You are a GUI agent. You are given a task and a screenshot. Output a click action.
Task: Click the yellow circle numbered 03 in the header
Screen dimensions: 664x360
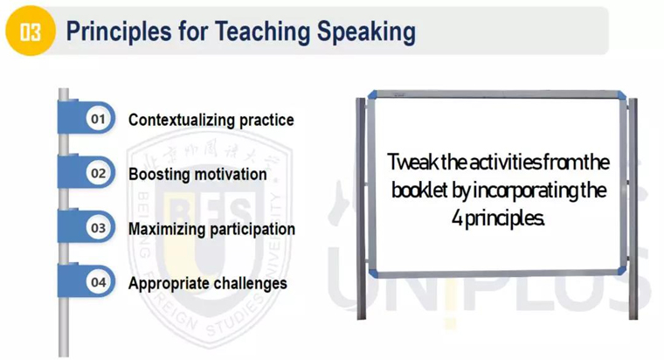point(31,31)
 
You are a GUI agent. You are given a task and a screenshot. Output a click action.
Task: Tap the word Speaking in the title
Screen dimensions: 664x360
point(366,32)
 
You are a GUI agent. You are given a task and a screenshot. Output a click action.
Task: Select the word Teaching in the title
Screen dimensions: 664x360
point(262,32)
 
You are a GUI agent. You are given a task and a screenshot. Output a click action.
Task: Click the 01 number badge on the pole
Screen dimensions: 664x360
point(98,119)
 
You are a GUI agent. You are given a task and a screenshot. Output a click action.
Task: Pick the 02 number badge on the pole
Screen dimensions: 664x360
point(98,173)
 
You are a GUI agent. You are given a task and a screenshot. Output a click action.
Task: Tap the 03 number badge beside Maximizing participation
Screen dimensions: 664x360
point(98,228)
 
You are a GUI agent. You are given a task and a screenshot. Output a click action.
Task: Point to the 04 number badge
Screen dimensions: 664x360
point(98,282)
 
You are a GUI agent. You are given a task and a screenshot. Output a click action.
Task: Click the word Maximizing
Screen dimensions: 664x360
point(167,229)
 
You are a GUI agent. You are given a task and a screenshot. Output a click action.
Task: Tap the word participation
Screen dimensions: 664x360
point(252,230)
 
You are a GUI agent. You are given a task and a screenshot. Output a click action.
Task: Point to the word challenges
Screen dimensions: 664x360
point(246,283)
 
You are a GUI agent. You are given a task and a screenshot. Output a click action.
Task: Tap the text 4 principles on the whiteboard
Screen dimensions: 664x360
point(498,218)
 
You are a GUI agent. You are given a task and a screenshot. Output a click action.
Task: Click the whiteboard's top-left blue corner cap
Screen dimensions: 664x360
point(372,95)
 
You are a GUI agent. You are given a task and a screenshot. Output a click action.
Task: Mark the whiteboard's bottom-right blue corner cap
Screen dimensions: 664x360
point(621,271)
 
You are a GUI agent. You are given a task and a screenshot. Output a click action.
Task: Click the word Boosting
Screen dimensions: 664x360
point(159,174)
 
